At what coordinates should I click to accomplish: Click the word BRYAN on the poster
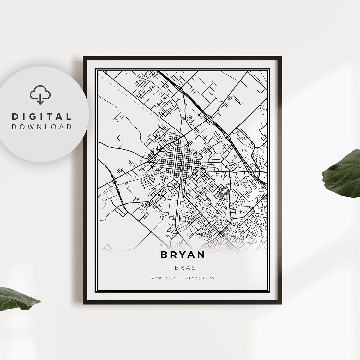click(x=183, y=255)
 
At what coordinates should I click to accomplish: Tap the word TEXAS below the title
click(x=183, y=268)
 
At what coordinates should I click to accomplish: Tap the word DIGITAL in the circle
click(x=42, y=117)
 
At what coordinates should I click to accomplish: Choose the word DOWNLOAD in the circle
click(x=42, y=127)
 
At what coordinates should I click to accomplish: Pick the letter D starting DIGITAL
click(x=15, y=117)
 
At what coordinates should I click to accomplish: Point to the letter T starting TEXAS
click(x=171, y=268)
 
